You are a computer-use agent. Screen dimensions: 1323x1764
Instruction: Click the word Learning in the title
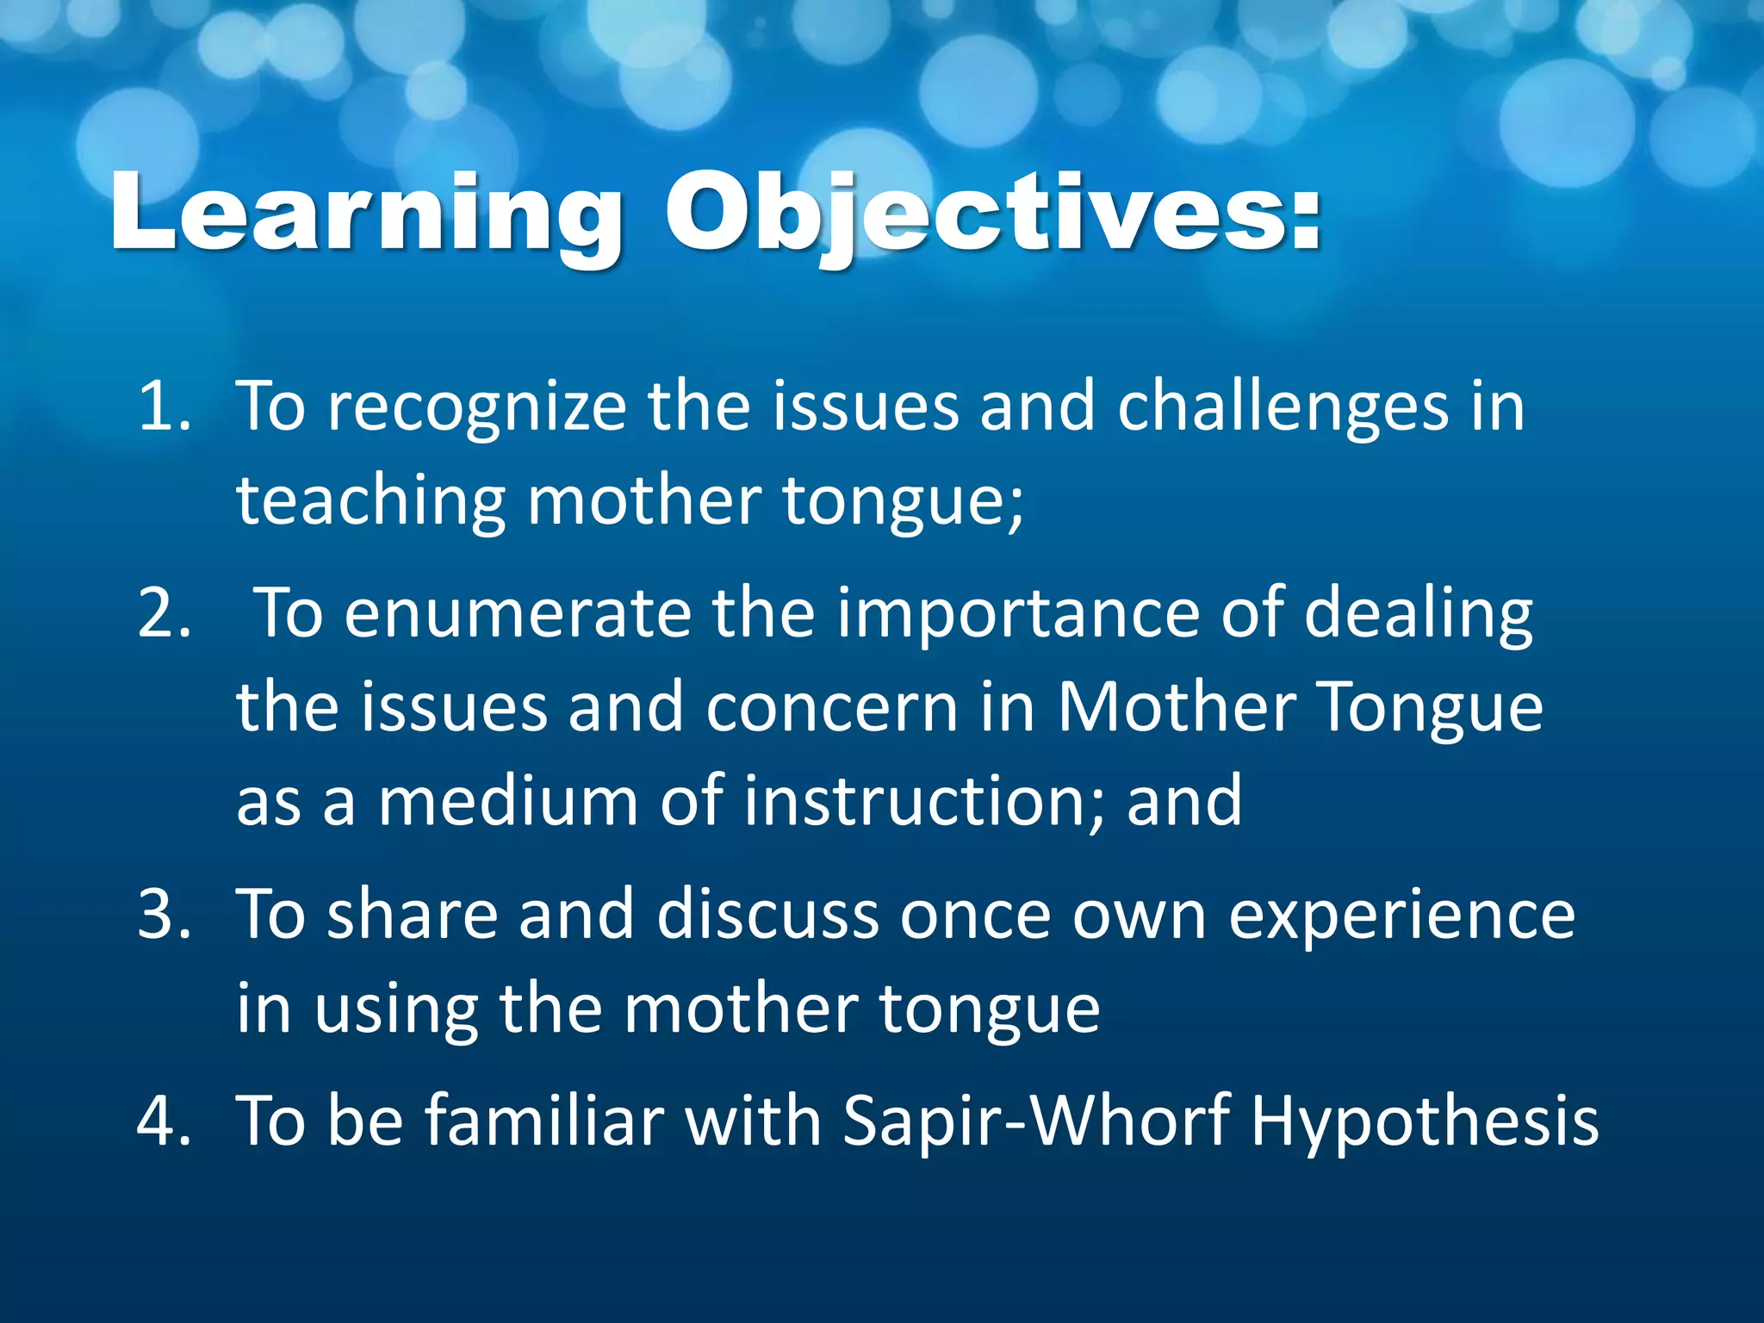[366, 214]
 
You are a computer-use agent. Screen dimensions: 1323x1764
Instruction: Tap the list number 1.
[164, 407]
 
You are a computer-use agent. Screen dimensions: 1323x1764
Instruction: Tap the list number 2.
[164, 613]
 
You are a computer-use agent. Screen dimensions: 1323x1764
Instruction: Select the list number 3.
[164, 915]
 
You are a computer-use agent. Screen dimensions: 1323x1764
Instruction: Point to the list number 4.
[164, 1121]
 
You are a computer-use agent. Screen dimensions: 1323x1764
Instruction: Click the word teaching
[370, 501]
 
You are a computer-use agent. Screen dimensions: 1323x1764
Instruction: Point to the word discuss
[767, 915]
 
